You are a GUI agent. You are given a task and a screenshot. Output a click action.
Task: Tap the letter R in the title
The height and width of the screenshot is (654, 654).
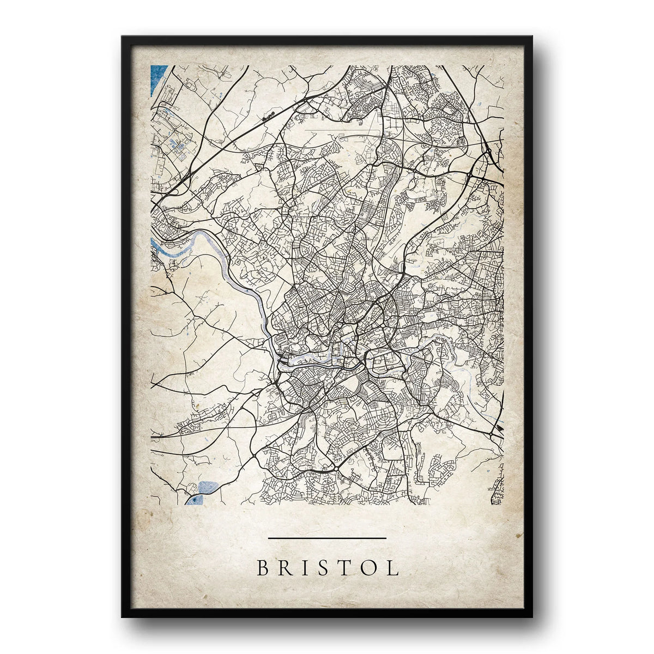pos(286,568)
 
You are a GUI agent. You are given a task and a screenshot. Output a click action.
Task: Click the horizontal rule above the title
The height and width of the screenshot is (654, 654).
pos(328,538)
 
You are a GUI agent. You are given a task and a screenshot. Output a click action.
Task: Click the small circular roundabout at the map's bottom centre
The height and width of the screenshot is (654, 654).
pos(336,468)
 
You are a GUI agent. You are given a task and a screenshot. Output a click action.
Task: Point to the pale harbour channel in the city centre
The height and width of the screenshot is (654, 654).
pos(305,360)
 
